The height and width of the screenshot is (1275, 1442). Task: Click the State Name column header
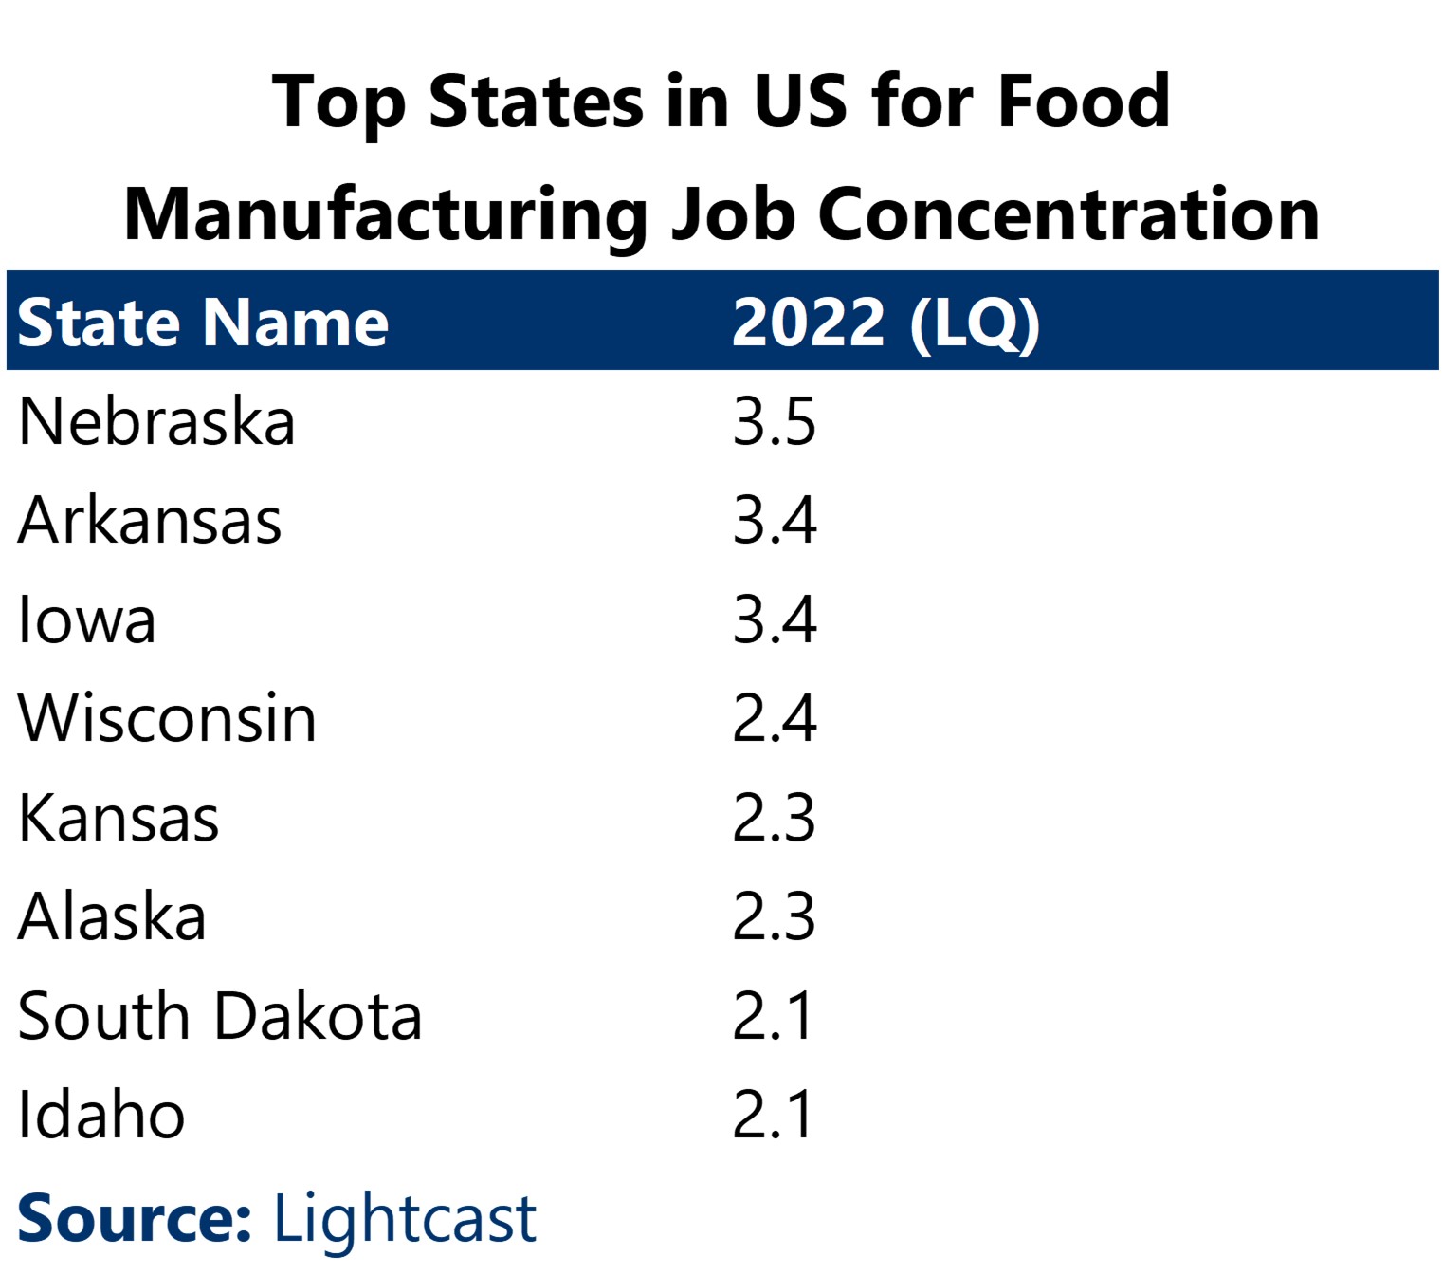point(203,323)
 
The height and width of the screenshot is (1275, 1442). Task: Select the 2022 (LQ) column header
point(885,323)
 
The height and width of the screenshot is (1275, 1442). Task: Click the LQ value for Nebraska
point(774,422)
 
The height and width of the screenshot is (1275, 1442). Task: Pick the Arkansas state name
point(150,521)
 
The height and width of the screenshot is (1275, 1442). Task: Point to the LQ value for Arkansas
point(774,521)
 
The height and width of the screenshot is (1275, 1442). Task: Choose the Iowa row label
point(87,620)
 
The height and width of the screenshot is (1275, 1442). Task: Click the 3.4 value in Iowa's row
point(774,620)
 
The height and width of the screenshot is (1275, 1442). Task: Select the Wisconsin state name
point(167,718)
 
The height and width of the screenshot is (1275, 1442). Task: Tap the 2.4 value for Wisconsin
point(774,718)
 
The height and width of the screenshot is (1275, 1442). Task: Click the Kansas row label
point(119,818)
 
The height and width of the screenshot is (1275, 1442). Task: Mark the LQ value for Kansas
point(774,818)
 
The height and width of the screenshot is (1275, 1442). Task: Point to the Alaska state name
point(112,916)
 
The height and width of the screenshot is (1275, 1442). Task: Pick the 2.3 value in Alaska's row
point(774,916)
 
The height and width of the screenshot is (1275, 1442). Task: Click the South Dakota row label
point(219,1016)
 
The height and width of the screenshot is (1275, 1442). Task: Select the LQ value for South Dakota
point(772,1016)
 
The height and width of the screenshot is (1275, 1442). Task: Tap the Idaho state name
point(101,1115)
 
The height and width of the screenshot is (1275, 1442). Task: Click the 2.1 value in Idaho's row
point(772,1115)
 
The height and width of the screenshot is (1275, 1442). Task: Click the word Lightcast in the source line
point(405,1219)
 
